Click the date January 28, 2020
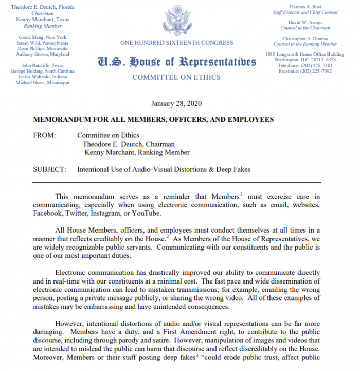coord(176,103)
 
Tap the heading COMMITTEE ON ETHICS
coord(176,78)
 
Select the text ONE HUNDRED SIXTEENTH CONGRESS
coord(176,43)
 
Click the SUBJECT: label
coord(49,169)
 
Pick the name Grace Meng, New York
coord(43,37)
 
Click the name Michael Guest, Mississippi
coord(43,82)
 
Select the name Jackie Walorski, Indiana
coord(43,77)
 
